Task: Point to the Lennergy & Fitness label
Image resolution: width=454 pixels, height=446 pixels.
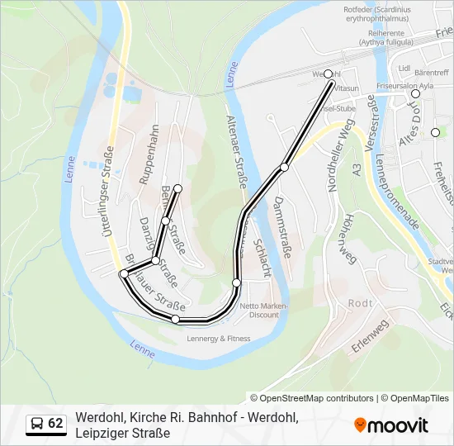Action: (x=219, y=338)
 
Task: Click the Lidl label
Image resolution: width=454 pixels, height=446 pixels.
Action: (x=404, y=68)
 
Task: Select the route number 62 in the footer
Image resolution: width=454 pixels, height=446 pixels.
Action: (x=55, y=424)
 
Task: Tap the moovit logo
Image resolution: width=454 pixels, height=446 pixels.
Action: (x=392, y=425)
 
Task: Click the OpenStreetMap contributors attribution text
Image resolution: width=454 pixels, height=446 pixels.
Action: (x=312, y=398)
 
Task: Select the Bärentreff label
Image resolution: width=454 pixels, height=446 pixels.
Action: (x=431, y=73)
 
